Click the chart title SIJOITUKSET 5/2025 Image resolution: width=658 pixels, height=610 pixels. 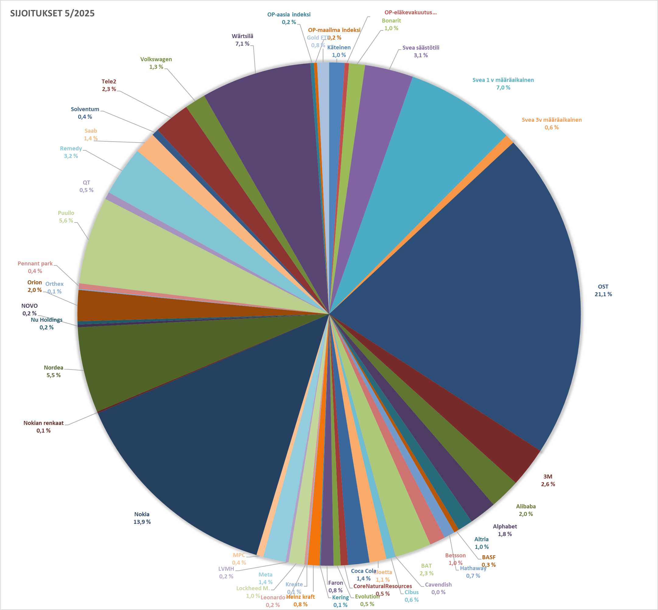pyautogui.click(x=52, y=13)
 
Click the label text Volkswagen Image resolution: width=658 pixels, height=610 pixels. pyautogui.click(x=156, y=59)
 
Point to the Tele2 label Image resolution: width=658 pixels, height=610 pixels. pyautogui.click(x=109, y=81)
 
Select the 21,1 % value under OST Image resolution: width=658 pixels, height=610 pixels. pyautogui.click(x=603, y=294)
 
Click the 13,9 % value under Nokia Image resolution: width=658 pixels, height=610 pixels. pyautogui.click(x=142, y=521)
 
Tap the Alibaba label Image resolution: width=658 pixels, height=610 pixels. pyautogui.click(x=526, y=506)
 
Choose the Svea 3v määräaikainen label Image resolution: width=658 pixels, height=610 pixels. pyautogui.click(x=551, y=120)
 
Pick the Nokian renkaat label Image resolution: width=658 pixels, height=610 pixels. pyautogui.click(x=43, y=423)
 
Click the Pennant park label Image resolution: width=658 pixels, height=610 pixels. pyautogui.click(x=35, y=263)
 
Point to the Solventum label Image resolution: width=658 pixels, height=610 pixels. pyautogui.click(x=85, y=109)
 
